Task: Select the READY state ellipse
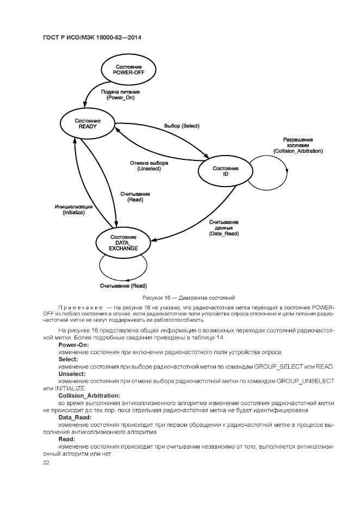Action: tap(88, 123)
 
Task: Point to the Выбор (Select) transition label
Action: tap(182, 126)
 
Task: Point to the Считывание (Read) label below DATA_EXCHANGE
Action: tap(123, 286)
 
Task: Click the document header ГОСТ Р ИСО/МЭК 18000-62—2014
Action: tap(92, 38)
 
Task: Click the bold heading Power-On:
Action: tap(73, 345)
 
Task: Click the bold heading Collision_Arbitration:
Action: tap(89, 395)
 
